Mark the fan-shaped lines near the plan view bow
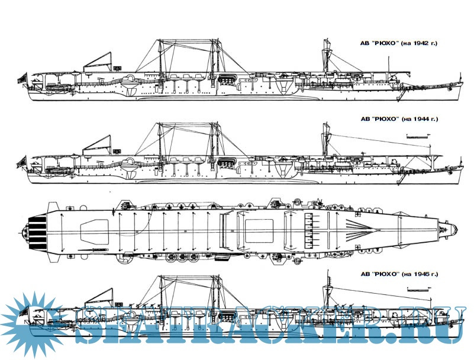click(x=358, y=227)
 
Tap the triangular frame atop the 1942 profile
click(x=99, y=61)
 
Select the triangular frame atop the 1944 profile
click(x=99, y=143)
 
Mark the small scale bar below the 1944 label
click(x=420, y=136)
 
